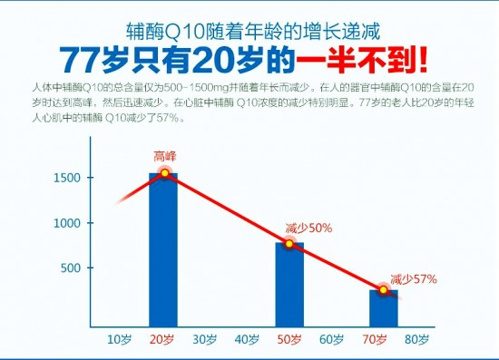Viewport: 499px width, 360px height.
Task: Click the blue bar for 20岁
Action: click(x=163, y=249)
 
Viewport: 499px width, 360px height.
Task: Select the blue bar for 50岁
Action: click(x=289, y=284)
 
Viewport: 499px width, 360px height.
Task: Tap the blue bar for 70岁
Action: click(x=384, y=307)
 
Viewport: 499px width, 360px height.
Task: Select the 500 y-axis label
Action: click(x=70, y=268)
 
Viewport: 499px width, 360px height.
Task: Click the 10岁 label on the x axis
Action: click(x=120, y=340)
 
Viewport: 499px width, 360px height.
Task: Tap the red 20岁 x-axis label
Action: click(x=163, y=340)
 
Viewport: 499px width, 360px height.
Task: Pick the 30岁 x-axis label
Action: click(x=205, y=340)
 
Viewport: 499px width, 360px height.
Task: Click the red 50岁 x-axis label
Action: click(x=289, y=340)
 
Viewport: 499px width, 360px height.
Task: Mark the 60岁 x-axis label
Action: click(x=332, y=340)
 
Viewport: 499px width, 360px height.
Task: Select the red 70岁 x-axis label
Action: click(x=375, y=340)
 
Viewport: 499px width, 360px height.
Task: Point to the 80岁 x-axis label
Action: click(x=416, y=340)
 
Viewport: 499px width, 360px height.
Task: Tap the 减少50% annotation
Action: click(x=308, y=228)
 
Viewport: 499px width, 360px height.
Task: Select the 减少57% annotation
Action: click(x=413, y=278)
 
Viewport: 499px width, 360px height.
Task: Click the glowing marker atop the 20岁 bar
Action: click(x=165, y=173)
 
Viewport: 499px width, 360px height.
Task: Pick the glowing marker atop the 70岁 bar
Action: click(x=384, y=290)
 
